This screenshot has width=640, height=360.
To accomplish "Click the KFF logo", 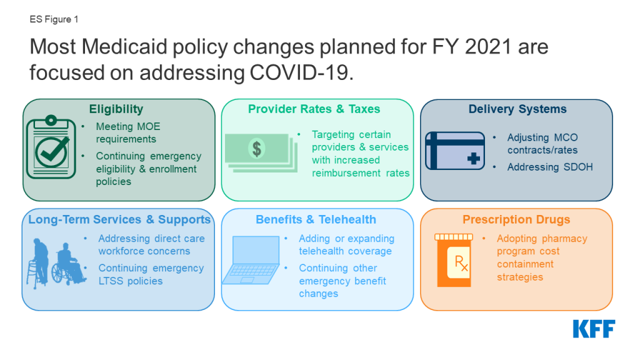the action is click(x=594, y=329).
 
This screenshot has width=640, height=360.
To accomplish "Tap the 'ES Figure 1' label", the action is click(x=54, y=19).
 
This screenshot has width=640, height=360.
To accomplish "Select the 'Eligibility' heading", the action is click(x=116, y=109).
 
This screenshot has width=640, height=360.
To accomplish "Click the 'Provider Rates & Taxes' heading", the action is click(x=314, y=109).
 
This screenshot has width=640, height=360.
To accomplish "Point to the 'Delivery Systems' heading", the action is click(x=517, y=109).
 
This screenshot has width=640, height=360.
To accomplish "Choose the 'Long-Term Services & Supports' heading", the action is click(x=119, y=219).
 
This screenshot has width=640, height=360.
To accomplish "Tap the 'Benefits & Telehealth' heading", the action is click(x=316, y=219).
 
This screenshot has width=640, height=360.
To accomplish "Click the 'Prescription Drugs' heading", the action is click(x=516, y=219).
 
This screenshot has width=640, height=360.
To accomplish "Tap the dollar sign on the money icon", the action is click(x=257, y=149).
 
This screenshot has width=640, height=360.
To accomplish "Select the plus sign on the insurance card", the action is click(x=474, y=158).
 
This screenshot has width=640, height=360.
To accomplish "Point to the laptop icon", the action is click(x=251, y=260).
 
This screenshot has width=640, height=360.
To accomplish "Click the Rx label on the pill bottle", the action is click(x=461, y=263).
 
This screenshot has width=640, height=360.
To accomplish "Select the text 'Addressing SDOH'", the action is click(x=550, y=167).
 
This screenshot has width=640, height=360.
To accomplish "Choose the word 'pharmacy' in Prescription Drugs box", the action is click(x=564, y=239).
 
